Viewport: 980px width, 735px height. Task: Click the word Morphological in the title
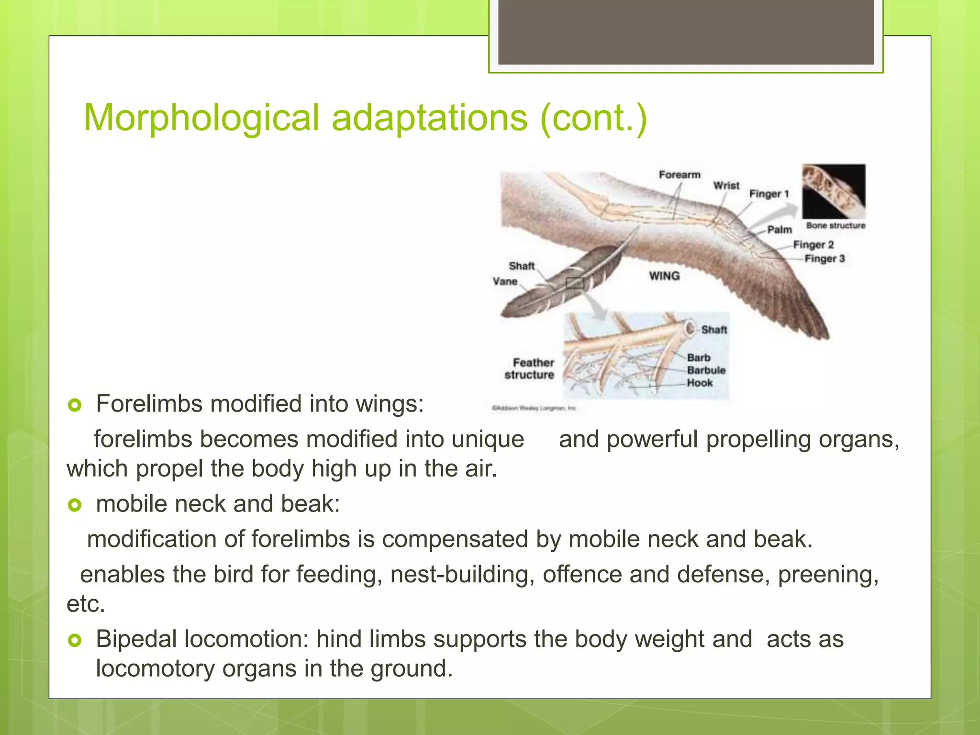coord(201,118)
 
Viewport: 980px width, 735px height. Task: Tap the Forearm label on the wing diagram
coord(679,175)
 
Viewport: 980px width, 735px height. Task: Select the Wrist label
coord(726,186)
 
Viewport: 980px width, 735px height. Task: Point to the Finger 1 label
coord(768,194)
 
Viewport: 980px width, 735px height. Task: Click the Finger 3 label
coord(824,259)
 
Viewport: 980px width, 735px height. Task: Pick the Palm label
coord(780,230)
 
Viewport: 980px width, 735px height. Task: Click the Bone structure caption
coord(835,225)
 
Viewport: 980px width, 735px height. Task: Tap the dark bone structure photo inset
coord(834,191)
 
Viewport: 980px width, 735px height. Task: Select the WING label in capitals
coord(664,276)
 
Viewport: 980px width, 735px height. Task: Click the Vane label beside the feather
coord(505,281)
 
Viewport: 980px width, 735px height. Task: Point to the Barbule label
coord(706,370)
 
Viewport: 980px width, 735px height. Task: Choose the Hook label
coord(700,383)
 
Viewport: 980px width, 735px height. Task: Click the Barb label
coord(699,358)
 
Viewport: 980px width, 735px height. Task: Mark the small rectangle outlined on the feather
coord(575,283)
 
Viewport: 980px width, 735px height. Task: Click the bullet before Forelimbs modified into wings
coord(75,405)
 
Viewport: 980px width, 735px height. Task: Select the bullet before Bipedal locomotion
coord(75,640)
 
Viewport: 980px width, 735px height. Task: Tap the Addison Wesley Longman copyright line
coord(534,408)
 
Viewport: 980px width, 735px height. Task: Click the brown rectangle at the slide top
coord(686,32)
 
